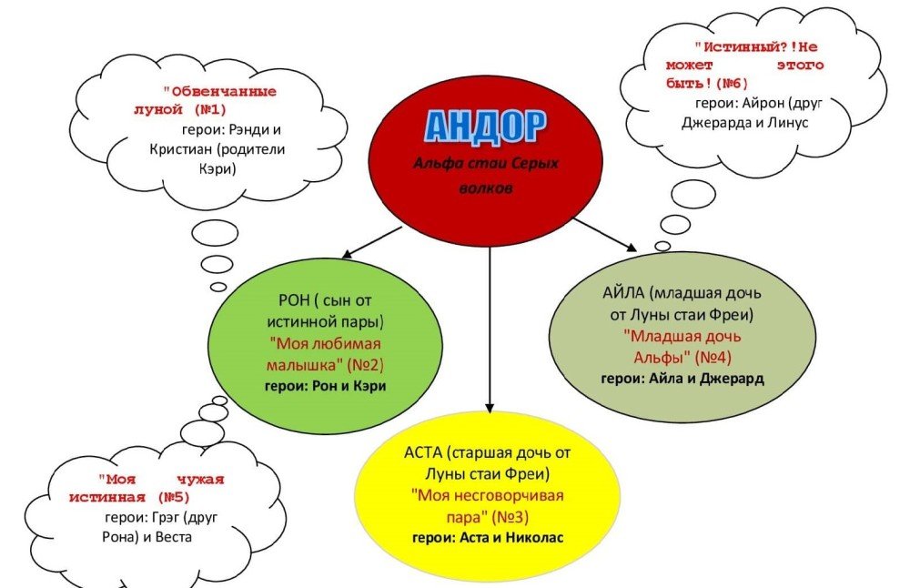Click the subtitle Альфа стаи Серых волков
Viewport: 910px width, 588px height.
pyautogui.click(x=486, y=177)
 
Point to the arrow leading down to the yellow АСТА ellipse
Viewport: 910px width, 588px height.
pyautogui.click(x=490, y=328)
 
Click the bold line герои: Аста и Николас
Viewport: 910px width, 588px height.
pyautogui.click(x=489, y=537)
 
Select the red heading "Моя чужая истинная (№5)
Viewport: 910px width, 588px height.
pyautogui.click(x=147, y=488)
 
